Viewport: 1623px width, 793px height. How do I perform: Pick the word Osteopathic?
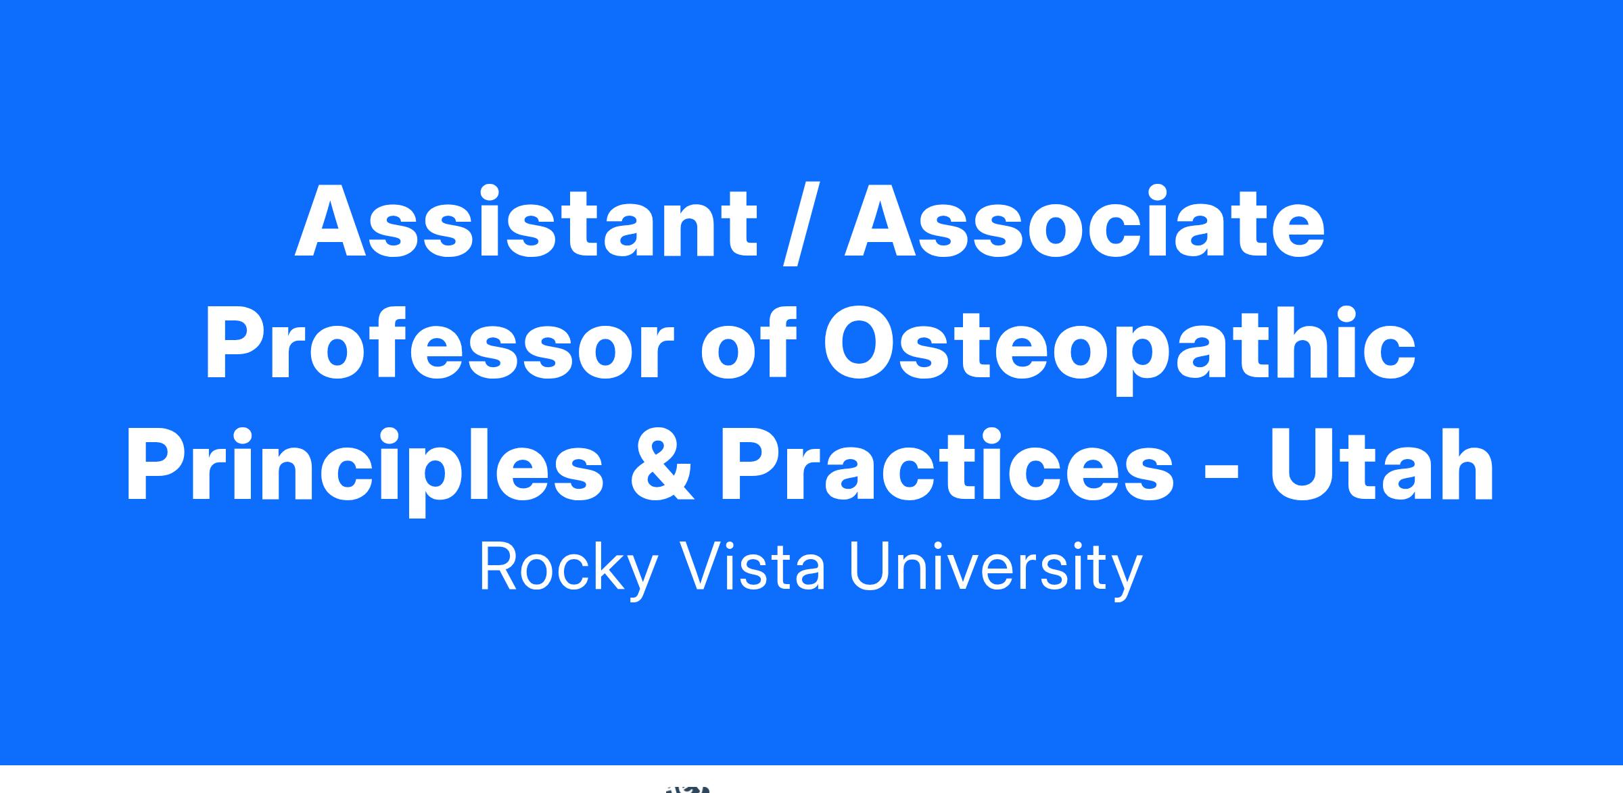tap(1119, 349)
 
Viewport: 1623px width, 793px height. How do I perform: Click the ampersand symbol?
tap(662, 466)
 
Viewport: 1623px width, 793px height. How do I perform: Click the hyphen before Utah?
tap(1221, 473)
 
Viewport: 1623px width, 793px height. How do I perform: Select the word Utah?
tap(1382, 465)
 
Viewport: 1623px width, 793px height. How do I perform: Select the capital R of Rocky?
tap(500, 565)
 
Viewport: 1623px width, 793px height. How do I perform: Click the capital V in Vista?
tap(701, 565)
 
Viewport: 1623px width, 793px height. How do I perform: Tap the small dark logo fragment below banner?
tap(688, 789)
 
